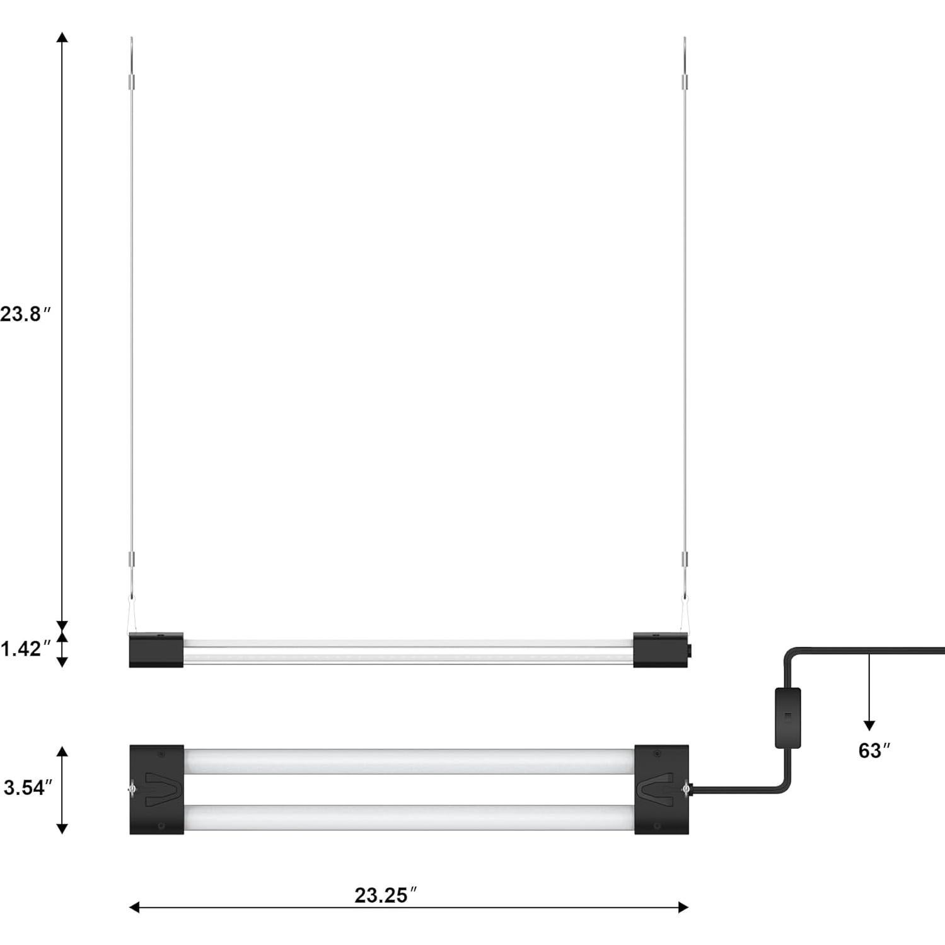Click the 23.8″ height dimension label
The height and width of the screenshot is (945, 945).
click(25, 314)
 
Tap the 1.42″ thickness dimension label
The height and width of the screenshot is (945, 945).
click(25, 649)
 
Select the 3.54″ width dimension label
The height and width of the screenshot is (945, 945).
click(28, 787)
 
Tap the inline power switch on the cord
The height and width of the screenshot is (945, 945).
click(787, 717)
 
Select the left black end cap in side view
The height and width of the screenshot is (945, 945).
click(156, 649)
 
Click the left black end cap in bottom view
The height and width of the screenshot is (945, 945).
click(156, 790)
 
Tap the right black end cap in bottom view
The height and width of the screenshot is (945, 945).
click(661, 790)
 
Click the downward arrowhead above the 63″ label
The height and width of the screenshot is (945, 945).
click(869, 725)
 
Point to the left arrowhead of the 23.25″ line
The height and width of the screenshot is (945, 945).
click(134, 907)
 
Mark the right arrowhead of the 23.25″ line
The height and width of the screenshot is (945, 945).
click(683, 907)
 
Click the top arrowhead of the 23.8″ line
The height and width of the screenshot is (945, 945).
click(62, 37)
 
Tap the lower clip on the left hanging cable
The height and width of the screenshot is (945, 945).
click(132, 559)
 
